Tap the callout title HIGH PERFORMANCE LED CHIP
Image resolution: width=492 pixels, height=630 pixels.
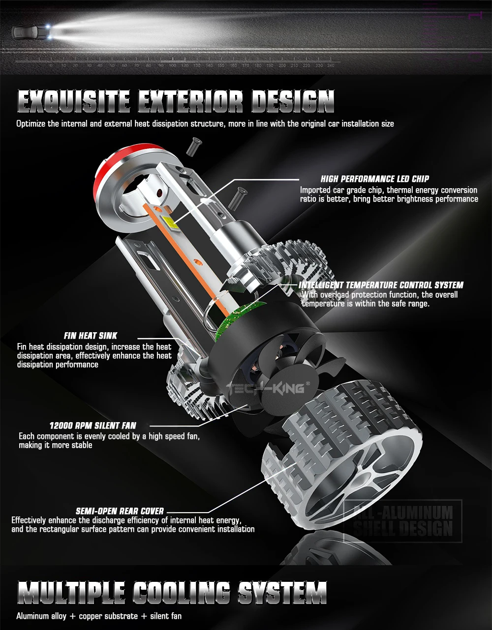(x=375, y=179)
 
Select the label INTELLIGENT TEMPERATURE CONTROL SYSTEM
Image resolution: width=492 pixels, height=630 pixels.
(x=381, y=285)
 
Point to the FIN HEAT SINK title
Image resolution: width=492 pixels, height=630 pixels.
(x=91, y=336)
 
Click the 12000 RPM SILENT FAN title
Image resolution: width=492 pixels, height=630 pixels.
(x=92, y=426)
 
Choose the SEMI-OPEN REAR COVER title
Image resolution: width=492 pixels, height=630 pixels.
(x=120, y=511)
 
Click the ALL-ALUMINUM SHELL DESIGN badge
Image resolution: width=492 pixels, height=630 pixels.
(x=403, y=521)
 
